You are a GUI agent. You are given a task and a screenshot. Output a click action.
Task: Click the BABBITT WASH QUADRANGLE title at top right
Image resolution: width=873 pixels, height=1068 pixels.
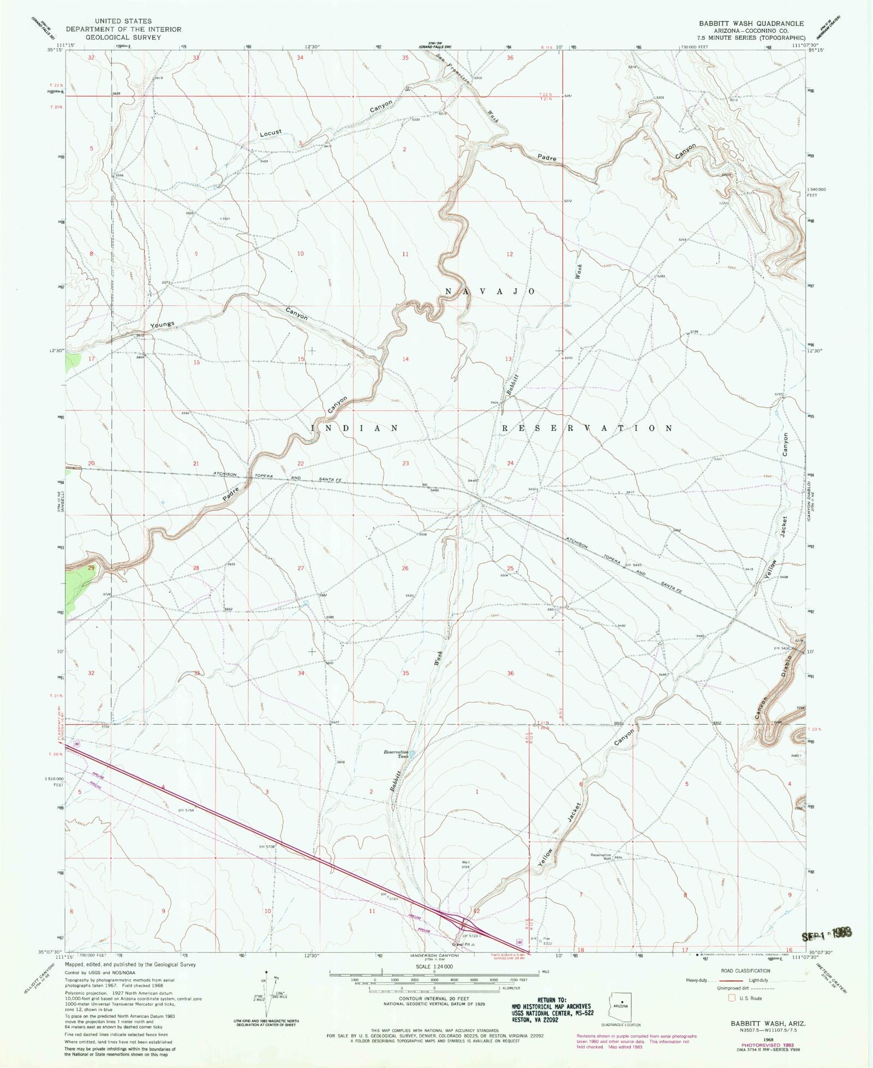[751, 23]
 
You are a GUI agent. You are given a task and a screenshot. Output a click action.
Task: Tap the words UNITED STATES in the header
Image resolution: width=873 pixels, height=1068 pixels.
[123, 21]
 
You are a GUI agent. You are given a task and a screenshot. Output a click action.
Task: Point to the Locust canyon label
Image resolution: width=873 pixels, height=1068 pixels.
[271, 133]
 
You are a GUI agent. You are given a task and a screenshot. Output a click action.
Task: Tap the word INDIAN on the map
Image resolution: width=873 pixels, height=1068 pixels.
[355, 428]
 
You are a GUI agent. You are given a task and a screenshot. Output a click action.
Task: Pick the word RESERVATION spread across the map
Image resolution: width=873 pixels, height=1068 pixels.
[587, 428]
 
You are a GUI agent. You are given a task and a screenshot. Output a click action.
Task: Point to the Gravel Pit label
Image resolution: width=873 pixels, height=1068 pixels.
[461, 944]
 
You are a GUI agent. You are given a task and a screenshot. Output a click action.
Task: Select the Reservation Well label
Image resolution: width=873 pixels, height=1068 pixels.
[601, 856]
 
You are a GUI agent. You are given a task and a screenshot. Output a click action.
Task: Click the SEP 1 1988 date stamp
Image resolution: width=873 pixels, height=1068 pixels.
[826, 936]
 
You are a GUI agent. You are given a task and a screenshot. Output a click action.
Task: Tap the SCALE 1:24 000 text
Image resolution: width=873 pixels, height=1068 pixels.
[434, 966]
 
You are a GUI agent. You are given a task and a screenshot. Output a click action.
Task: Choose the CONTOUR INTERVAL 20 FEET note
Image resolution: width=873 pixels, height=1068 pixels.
[434, 999]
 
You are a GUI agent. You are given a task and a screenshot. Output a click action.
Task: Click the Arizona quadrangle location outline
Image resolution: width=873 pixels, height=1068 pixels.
[620, 1007]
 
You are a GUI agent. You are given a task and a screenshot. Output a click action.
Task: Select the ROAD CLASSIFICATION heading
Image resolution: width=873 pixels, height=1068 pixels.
[745, 971]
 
